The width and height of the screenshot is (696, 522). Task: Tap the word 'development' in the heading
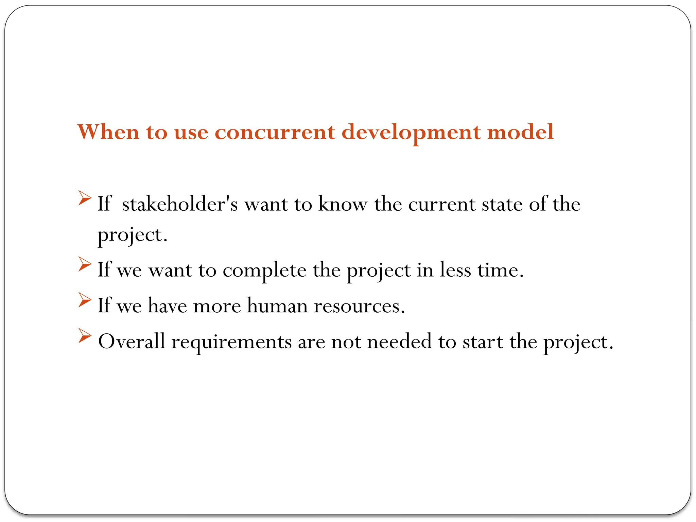click(x=411, y=133)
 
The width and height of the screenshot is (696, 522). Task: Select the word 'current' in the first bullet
click(x=441, y=205)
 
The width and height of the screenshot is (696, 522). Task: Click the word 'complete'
click(x=264, y=271)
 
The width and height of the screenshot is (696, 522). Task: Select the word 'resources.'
click(x=359, y=306)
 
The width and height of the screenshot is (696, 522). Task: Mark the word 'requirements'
click(x=231, y=342)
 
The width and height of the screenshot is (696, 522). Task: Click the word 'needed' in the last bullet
click(x=399, y=341)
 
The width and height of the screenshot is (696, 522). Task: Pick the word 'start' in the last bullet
click(x=483, y=342)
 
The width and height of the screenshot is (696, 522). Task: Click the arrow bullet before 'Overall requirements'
click(x=84, y=335)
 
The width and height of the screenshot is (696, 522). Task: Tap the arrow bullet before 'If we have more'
click(x=84, y=300)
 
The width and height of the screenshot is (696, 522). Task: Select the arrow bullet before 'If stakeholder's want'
click(x=84, y=198)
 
